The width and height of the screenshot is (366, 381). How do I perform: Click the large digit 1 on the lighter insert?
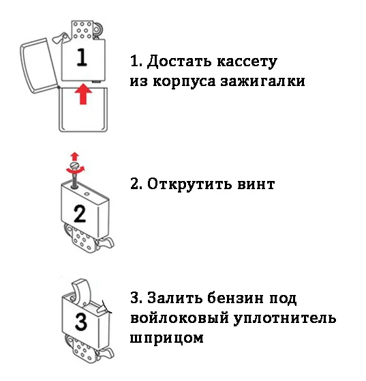[82, 57]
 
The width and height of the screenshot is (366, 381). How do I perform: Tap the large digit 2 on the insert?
[80, 214]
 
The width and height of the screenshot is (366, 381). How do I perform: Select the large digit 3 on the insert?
[81, 322]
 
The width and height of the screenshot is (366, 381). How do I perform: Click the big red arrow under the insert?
[83, 94]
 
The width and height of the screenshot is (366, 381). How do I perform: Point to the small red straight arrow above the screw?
[75, 156]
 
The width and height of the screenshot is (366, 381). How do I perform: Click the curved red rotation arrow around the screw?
[76, 171]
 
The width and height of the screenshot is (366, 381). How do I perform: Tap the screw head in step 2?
[74, 166]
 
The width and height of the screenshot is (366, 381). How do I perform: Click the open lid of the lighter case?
[39, 66]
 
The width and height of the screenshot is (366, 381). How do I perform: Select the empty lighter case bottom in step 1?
[83, 110]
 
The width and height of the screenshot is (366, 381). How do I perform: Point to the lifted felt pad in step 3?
[80, 291]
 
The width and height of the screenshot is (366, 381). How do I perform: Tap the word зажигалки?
[262, 81]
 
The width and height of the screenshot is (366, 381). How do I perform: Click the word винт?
[256, 184]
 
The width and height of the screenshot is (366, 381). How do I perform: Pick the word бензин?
[235, 298]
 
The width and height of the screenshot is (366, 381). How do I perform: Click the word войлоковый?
[179, 319]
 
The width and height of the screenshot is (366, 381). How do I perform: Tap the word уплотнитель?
[285, 319]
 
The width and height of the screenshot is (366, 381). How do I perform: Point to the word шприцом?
[167, 339]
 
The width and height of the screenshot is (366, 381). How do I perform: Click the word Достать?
[179, 61]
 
